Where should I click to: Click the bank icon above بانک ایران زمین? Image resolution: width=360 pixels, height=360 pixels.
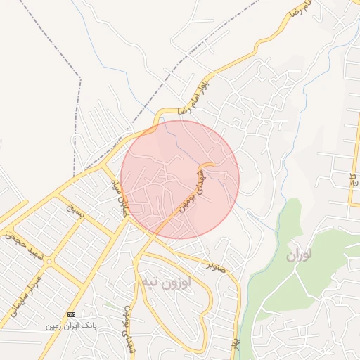[x=70, y=314]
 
